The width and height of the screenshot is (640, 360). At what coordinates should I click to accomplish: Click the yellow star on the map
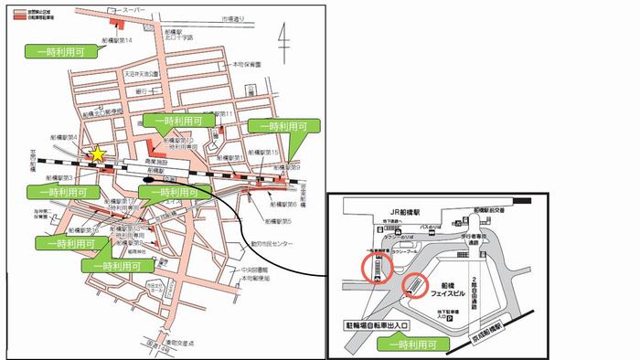(x=97, y=155)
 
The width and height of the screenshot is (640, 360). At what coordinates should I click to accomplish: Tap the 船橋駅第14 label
(x=118, y=41)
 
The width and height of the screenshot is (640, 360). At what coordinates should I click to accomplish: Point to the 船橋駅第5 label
(x=279, y=221)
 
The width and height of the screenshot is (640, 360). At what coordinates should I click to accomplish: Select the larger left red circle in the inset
(x=376, y=268)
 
